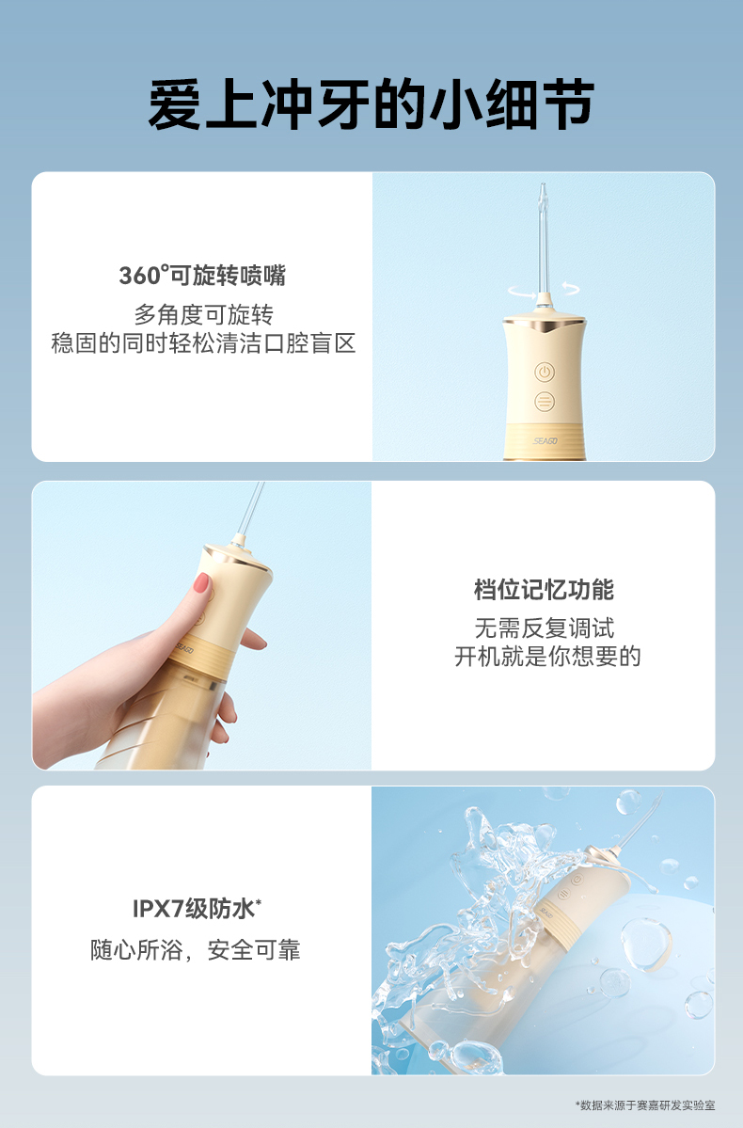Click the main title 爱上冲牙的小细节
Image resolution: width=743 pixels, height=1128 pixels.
(x=371, y=105)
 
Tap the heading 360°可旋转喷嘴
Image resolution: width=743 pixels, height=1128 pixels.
(x=202, y=276)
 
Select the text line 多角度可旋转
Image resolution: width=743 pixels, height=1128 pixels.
(x=203, y=314)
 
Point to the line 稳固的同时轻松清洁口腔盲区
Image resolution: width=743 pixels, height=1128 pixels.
(x=203, y=343)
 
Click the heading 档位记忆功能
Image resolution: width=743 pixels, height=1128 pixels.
(x=544, y=590)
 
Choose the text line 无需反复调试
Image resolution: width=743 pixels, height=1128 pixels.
(x=545, y=628)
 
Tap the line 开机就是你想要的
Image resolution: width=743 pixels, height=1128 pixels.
(x=547, y=657)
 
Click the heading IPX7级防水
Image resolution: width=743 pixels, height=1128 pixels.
(x=197, y=909)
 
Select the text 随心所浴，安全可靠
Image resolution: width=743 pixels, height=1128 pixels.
(x=196, y=950)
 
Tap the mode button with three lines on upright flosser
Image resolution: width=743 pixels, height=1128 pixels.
(x=545, y=402)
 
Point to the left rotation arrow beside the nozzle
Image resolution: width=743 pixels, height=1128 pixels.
(x=521, y=291)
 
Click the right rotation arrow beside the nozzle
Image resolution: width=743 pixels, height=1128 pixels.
(x=570, y=289)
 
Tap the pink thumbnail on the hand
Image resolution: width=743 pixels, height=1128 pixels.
(x=201, y=582)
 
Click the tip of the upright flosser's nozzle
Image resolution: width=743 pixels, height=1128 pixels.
(x=542, y=185)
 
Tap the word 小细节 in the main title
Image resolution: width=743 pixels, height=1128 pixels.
(x=512, y=105)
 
